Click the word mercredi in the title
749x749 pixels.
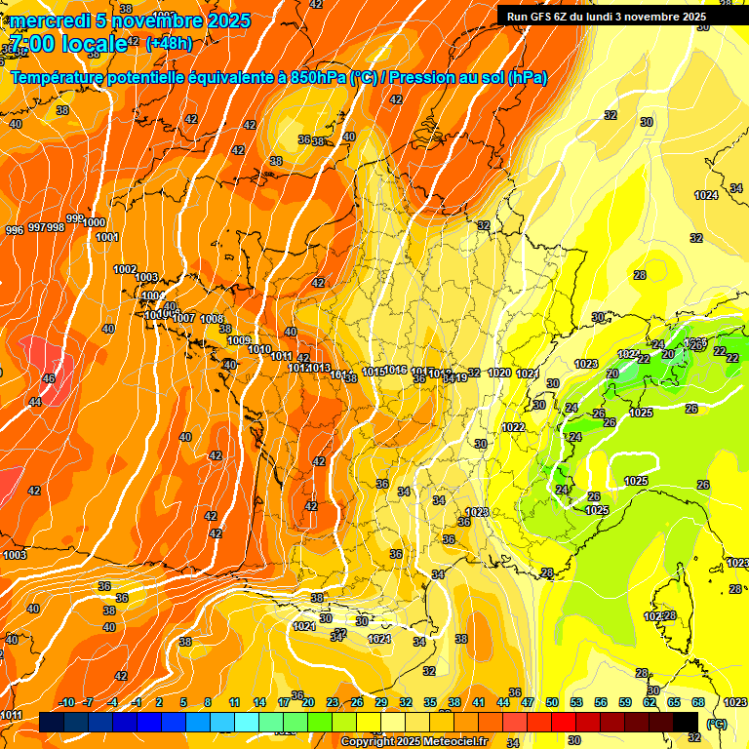coord(50,20)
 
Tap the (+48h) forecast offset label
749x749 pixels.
coord(169,43)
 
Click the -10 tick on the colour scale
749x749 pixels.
coord(67,702)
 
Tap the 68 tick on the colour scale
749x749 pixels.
coord(699,702)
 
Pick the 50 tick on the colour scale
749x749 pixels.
coord(552,702)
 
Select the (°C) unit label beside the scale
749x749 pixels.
coord(716,724)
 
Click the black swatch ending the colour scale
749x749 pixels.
coord(686,722)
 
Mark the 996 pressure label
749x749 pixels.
coord(15,230)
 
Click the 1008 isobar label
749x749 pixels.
coord(212,320)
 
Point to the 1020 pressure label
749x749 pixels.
coord(499,373)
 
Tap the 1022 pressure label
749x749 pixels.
coord(514,427)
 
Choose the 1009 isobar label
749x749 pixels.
coord(239,340)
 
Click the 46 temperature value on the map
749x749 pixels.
coord(49,377)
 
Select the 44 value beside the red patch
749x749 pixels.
coord(35,402)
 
